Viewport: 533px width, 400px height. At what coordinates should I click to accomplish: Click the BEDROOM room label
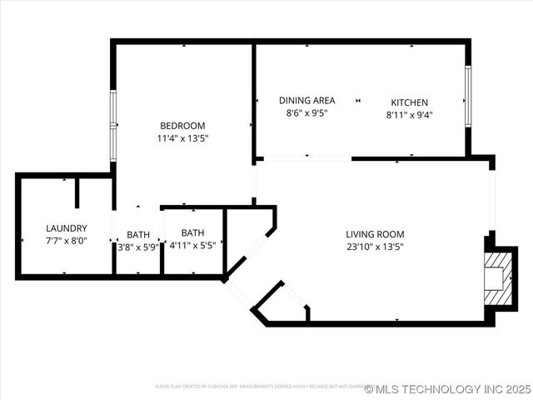tap(182, 126)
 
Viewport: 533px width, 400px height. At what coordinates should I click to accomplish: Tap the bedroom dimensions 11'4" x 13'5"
tap(182, 138)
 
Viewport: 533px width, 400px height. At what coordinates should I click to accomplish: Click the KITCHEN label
tap(410, 102)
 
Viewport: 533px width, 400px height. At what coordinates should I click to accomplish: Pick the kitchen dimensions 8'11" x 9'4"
tap(410, 115)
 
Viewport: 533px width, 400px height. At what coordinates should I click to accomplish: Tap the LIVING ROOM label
tap(375, 234)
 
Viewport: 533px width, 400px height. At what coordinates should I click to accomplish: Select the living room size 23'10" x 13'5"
tap(375, 247)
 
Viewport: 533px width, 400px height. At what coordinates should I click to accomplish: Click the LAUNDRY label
tap(67, 227)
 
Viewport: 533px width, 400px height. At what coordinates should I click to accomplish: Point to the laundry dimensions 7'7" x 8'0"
tap(67, 241)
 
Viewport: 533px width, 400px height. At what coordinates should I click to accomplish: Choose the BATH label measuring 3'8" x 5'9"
tap(138, 234)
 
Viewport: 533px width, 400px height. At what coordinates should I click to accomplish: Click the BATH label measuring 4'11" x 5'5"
tap(192, 233)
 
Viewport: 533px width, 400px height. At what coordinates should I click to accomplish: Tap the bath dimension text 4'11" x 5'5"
tap(192, 246)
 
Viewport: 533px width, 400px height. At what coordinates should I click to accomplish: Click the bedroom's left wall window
tap(113, 125)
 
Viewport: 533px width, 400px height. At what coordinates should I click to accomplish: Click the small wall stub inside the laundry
tap(77, 192)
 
